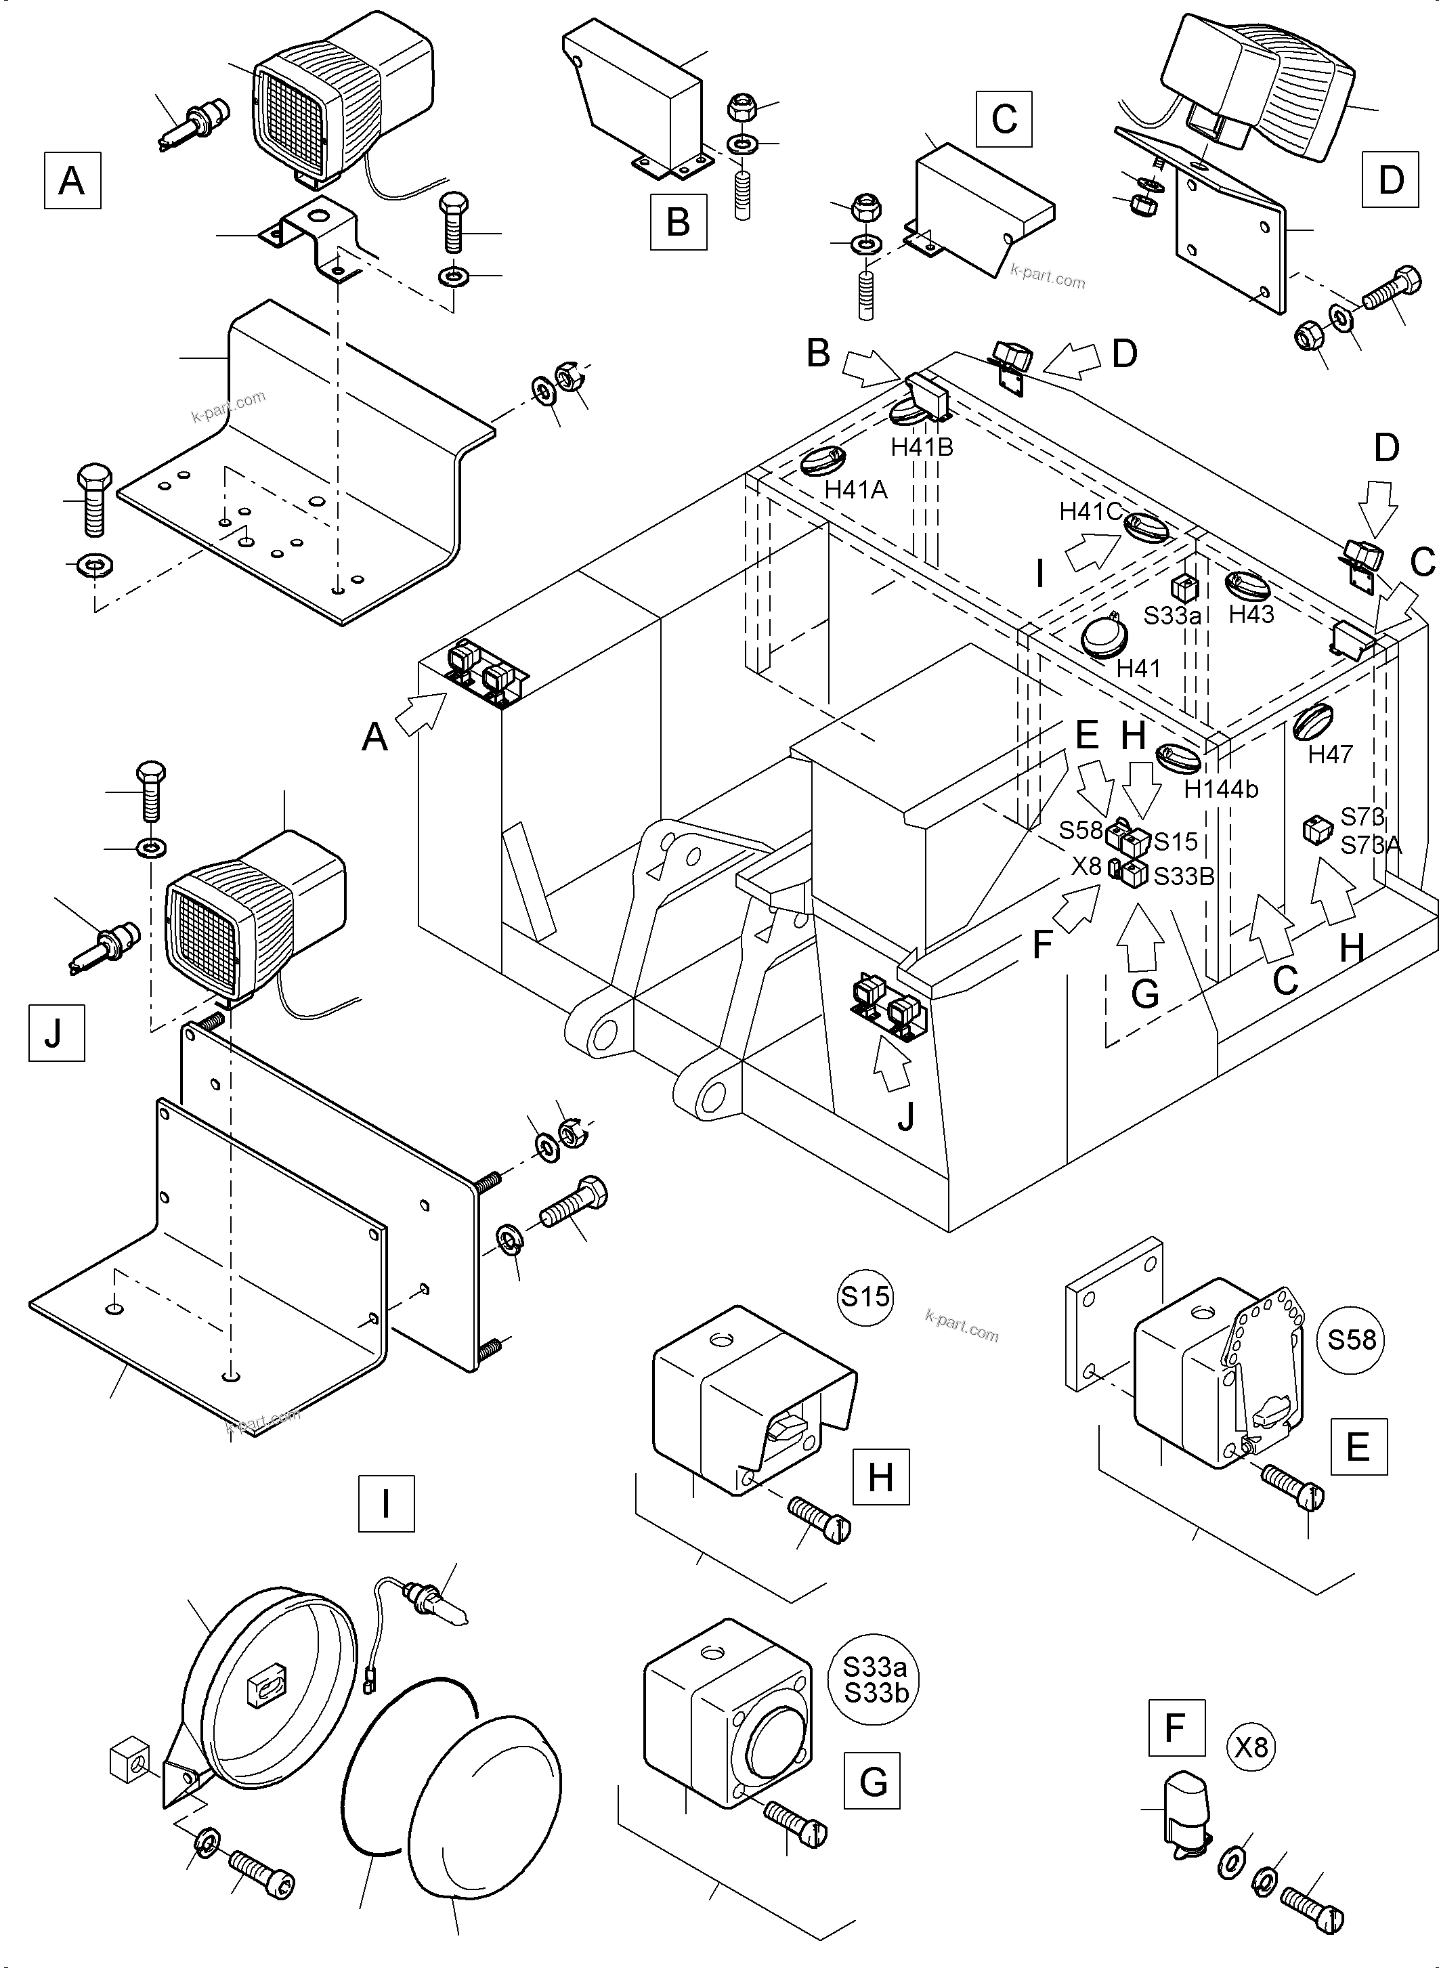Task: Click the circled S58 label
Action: tap(1351, 1339)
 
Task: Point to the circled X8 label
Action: tap(1251, 1747)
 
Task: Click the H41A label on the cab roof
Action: tap(855, 490)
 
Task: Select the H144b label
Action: tap(1221, 789)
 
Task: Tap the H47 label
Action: tap(1329, 754)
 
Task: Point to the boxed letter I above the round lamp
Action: tap(386, 1503)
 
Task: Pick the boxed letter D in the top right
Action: tap(1390, 179)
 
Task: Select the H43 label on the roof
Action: tap(1251, 614)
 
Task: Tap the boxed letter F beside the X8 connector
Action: tap(1176, 1727)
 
